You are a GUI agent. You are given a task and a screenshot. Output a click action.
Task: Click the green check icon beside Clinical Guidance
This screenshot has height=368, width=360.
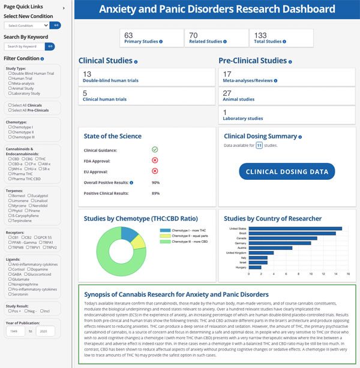click(x=155, y=149)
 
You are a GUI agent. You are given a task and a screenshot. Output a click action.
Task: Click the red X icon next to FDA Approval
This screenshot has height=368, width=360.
click(x=155, y=160)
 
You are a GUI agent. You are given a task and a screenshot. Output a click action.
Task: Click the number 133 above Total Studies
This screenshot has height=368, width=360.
click(x=260, y=35)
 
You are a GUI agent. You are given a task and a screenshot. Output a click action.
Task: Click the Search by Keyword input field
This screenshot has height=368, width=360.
click(x=24, y=46)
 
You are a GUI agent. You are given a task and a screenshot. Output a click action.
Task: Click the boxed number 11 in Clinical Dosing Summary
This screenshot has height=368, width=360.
click(x=259, y=145)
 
